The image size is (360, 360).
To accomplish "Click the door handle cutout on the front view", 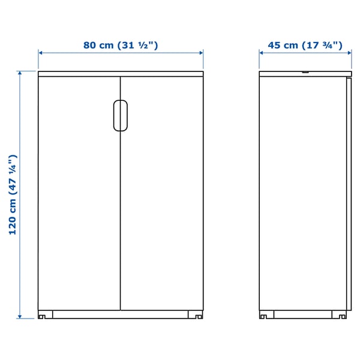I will point(119,115).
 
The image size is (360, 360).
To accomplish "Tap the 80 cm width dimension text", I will point(121,45).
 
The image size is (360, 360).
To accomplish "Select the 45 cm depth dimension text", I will point(305,45).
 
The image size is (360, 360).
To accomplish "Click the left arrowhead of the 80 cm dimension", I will point(41,53).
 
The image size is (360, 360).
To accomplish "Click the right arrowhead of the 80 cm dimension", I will point(201,53).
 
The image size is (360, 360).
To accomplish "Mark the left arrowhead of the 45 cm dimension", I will point(262,53).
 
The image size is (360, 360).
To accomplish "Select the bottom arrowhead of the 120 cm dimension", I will point(20,316).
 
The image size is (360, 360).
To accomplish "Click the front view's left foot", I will point(43,314).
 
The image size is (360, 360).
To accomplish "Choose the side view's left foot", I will point(264,314).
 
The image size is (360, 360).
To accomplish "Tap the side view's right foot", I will point(343,314).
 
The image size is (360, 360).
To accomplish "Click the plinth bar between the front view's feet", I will point(120,313).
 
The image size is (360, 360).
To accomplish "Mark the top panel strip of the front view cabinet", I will point(120,74).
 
